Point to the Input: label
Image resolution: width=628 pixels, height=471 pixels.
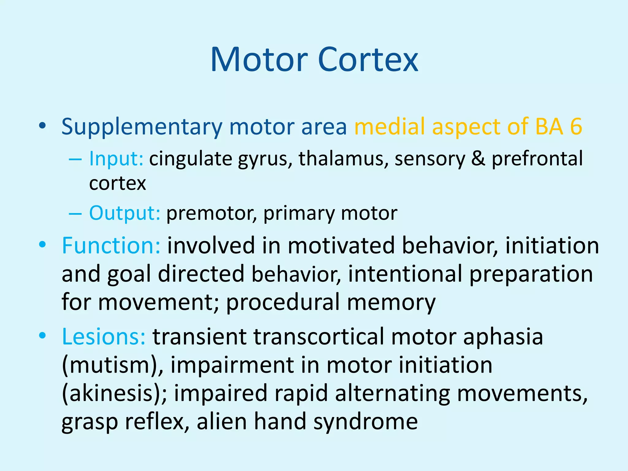pyautogui.click(x=116, y=159)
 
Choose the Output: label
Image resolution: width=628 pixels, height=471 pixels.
pyautogui.click(x=124, y=213)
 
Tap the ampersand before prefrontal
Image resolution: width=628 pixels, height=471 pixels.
pyautogui.click(x=478, y=159)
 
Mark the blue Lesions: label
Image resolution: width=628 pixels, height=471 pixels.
pyautogui.click(x=104, y=337)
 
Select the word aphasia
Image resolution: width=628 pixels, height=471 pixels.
pyautogui.click(x=503, y=337)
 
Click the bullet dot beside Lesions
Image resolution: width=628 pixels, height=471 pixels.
pyautogui.click(x=42, y=335)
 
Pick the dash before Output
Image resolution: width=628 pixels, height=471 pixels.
pyautogui.click(x=75, y=213)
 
